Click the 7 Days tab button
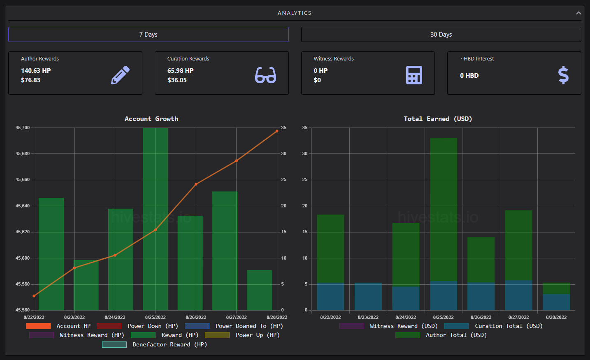(148, 34)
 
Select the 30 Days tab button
(441, 34)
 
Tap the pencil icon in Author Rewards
(121, 75)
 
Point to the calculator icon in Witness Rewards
(414, 75)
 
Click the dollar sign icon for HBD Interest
(563, 75)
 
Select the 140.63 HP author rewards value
(36, 71)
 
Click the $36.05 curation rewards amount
(177, 80)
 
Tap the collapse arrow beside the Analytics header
(578, 13)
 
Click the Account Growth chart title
(151, 119)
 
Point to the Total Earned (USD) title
(438, 119)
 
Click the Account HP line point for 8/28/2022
(277, 131)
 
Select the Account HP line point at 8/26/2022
(196, 184)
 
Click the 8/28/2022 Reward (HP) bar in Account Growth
(260, 290)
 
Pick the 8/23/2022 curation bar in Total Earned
(368, 297)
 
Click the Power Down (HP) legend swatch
(109, 326)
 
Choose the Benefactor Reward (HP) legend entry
(155, 344)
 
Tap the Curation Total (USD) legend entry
(494, 326)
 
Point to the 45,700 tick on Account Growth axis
(23, 128)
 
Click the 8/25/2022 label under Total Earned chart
(443, 317)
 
